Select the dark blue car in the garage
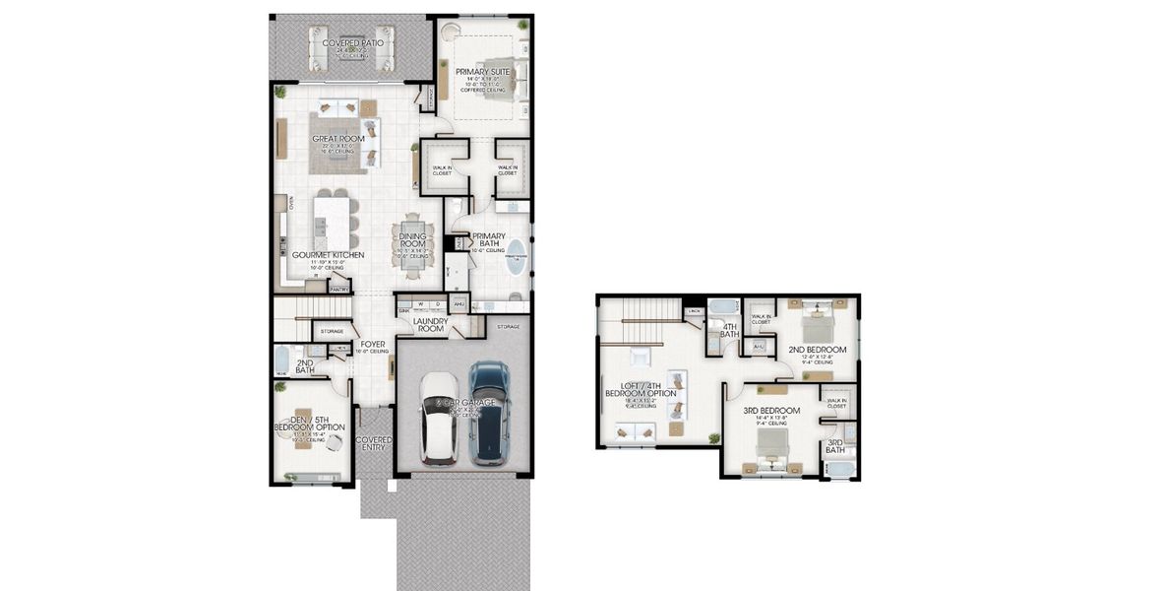488,414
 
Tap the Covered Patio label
351,44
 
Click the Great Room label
337,139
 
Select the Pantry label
339,290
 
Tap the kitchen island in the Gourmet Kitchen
333,223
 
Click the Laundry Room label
431,324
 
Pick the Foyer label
371,345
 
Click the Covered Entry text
374,443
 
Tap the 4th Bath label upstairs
730,331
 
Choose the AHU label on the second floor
758,347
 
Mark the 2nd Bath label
305,366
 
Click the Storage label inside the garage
508,326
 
